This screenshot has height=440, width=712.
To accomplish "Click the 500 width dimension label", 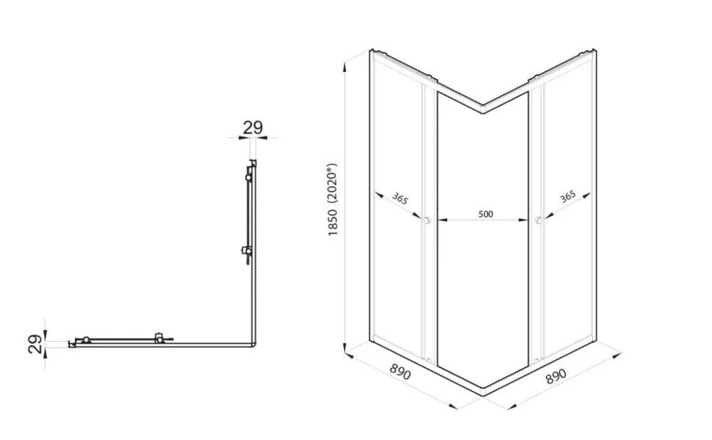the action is pyautogui.click(x=485, y=214).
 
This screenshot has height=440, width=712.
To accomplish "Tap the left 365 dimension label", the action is pyautogui.click(x=400, y=198).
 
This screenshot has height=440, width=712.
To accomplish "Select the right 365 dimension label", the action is pyautogui.click(x=567, y=197).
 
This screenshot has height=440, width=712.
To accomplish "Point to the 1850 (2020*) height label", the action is pyautogui.click(x=333, y=200).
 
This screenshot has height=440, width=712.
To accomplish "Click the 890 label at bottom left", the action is pyautogui.click(x=400, y=372).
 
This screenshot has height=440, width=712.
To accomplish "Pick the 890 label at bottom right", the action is pyautogui.click(x=556, y=376).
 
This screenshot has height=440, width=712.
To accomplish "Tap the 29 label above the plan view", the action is pyautogui.click(x=253, y=127).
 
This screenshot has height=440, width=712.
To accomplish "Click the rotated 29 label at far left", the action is pyautogui.click(x=35, y=344).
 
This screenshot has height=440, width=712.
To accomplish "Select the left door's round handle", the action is pyautogui.click(x=426, y=220).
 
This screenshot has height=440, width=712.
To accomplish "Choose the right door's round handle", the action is pyautogui.click(x=539, y=220).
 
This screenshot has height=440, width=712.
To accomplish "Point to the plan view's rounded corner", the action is pyautogui.click(x=253, y=344).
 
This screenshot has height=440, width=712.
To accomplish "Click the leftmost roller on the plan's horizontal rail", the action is pyautogui.click(x=86, y=339).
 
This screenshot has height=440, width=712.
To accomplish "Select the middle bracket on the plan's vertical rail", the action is pyautogui.click(x=247, y=251).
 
